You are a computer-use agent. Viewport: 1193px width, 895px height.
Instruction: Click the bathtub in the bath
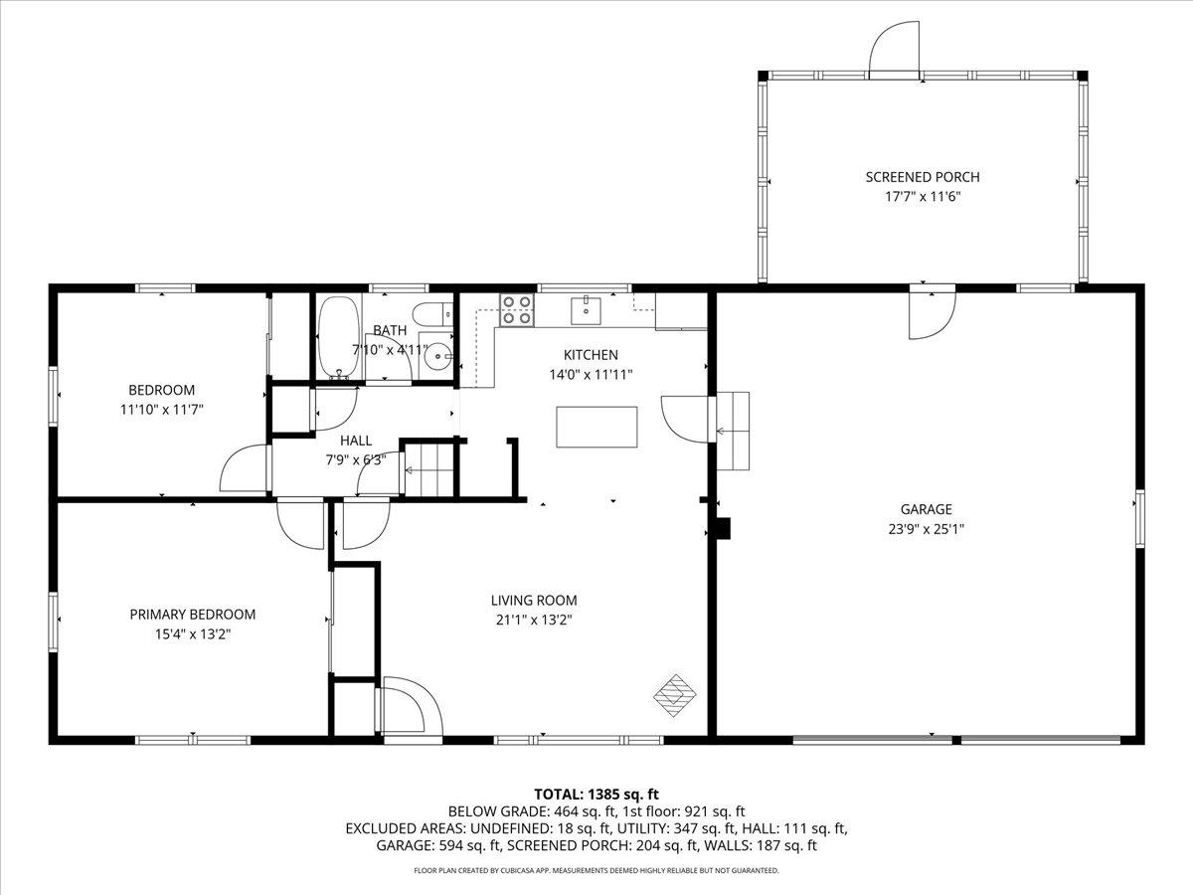pos(339,338)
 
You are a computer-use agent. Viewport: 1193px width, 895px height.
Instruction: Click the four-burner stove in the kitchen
pos(516,310)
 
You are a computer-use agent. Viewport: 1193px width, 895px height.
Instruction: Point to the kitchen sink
pos(586,310)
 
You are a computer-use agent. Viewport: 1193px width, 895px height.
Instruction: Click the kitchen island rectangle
pos(596,427)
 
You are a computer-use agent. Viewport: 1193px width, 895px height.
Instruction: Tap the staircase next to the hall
pos(427,469)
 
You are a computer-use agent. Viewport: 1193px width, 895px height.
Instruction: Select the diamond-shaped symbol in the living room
pos(675,694)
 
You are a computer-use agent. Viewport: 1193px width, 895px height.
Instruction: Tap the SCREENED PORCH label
pos(922,177)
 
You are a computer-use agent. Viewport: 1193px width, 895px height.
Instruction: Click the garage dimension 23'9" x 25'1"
pos(927,529)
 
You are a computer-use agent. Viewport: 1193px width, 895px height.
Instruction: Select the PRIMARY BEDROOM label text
pos(193,615)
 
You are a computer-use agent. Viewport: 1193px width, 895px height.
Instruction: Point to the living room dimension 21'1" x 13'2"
pos(533,620)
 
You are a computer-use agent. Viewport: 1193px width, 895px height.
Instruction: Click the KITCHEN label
pos(591,355)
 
